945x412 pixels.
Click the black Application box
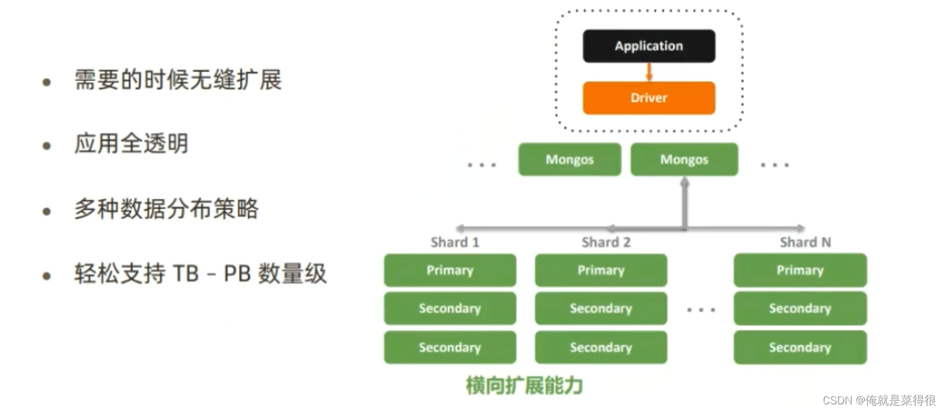(649, 46)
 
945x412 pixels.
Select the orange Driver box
(649, 98)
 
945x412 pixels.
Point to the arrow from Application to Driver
(649, 72)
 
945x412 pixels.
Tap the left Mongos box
(569, 160)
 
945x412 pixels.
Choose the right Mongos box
(684, 160)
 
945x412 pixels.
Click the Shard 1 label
(455, 242)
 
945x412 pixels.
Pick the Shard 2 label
(606, 242)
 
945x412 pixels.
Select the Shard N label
(805, 242)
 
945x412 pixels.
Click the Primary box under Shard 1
(450, 270)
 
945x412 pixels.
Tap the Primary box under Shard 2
(601, 270)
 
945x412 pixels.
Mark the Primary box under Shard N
(800, 270)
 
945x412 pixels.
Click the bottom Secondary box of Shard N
(800, 348)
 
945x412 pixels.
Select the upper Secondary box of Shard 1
(450, 309)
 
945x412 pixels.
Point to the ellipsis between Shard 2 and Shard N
(701, 309)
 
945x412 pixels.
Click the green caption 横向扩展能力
(524, 385)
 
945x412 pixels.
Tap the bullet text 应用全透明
(131, 144)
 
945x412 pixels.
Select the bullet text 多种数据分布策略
(166, 209)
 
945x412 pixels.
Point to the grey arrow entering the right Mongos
(685, 201)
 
